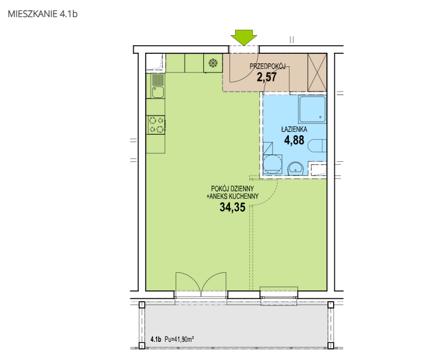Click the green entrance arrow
click(x=244, y=37)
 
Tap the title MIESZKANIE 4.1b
click(x=42, y=14)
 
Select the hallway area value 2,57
click(x=267, y=78)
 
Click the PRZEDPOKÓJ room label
click(x=267, y=66)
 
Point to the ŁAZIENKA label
click(x=294, y=129)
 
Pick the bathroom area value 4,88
click(x=294, y=140)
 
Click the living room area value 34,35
click(x=233, y=207)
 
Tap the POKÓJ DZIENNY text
click(x=233, y=188)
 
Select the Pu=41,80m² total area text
click(x=180, y=339)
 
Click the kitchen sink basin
click(x=157, y=92)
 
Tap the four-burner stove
click(x=156, y=125)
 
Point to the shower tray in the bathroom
click(x=312, y=109)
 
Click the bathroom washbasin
click(x=296, y=169)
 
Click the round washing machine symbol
click(x=272, y=164)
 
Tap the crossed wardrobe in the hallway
click(x=317, y=72)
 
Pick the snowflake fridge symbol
click(x=213, y=63)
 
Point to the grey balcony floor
click(x=236, y=324)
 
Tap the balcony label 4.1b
click(x=156, y=339)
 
